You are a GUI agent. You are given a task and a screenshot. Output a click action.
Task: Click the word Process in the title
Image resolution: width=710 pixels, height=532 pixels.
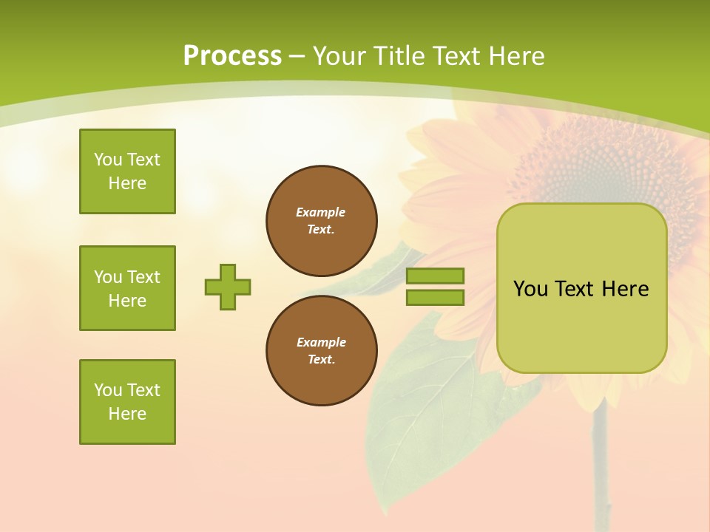coord(232,55)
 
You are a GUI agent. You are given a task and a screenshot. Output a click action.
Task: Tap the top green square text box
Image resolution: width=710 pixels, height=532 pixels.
coord(127,171)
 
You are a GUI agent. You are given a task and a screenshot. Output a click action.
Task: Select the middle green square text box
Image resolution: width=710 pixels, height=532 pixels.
coord(127,288)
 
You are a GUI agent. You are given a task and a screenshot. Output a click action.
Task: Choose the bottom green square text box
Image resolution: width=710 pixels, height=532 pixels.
coord(127,402)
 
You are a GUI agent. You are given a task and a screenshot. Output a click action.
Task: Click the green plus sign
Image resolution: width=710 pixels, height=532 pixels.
coord(228,287)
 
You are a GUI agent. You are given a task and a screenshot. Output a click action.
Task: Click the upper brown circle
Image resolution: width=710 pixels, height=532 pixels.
coord(322,221)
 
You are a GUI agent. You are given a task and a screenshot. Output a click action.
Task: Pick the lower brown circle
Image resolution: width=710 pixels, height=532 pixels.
coord(322,350)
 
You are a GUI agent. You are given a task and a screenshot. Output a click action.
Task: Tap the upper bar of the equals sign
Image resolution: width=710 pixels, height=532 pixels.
coord(435,276)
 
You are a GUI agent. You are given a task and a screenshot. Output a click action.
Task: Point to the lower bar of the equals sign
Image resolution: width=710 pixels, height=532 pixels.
coord(435,297)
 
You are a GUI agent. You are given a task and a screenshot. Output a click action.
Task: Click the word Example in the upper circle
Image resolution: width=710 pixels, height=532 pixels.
coord(321,212)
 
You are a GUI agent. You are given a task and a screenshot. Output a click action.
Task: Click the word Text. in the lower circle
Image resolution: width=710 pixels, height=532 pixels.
coord(321,359)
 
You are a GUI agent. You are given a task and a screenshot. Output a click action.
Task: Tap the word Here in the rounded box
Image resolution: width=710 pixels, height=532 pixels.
coord(625,289)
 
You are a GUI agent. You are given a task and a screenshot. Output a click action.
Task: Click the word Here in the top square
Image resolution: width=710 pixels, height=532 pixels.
coord(127,183)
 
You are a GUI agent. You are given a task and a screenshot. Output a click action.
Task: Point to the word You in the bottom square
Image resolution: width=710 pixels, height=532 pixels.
coord(108,390)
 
